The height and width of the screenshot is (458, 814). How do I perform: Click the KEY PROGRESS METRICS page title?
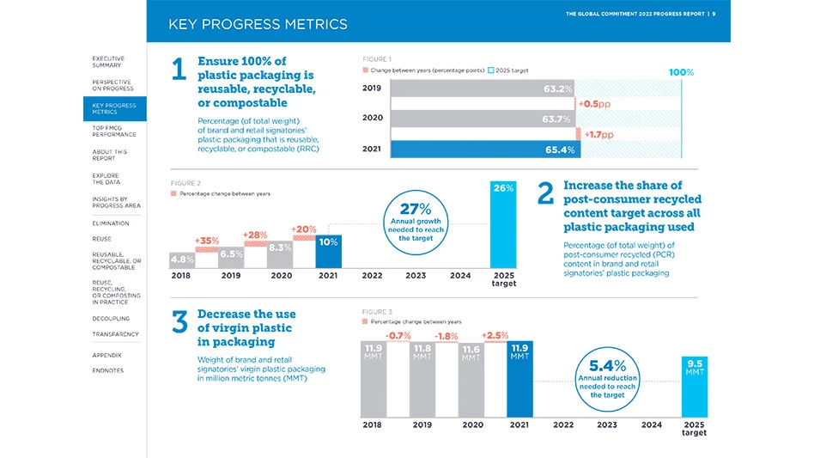pos(258,24)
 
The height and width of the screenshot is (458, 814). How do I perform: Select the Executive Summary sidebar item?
pos(107,61)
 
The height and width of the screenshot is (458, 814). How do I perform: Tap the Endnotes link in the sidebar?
pos(107,370)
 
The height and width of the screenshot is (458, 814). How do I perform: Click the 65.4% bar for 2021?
pos(485,150)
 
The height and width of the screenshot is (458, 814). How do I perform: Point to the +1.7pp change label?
pos(598,134)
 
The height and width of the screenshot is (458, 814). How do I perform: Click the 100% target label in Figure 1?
pos(680,72)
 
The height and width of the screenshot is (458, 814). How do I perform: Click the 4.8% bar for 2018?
pos(182,259)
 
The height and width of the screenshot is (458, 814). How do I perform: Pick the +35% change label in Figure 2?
pos(207,241)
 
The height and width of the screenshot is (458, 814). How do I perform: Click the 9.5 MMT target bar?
pos(695,385)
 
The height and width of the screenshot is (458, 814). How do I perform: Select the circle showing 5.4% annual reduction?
pos(606,378)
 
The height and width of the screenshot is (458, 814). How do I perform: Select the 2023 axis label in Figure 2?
pos(415,277)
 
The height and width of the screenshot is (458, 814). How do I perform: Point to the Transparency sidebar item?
pos(115,334)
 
